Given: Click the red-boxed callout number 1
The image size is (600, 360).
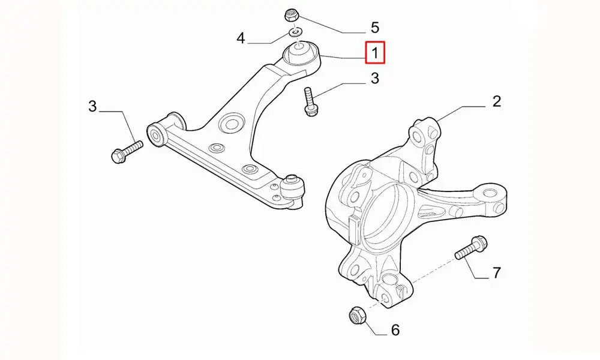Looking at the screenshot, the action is (375, 52).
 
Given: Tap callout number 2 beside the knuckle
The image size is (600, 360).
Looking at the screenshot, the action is (496, 101).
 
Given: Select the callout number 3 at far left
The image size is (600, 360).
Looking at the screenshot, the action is (92, 106).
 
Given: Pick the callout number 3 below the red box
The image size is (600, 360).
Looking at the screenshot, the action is (374, 78).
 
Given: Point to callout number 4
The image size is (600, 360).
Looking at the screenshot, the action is (241, 38).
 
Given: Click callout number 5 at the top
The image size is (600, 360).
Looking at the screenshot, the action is (374, 28).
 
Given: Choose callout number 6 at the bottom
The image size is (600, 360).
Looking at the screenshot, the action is (395, 330).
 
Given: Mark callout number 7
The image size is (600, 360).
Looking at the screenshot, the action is (496, 273).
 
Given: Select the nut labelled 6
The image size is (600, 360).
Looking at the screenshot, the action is (358, 315).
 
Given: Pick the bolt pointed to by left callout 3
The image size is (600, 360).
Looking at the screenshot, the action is (127, 152).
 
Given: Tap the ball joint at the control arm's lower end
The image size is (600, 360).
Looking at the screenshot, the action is (294, 187).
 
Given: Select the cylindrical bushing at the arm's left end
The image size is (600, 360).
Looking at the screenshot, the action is (157, 136).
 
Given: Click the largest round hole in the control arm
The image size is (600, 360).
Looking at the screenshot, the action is (231, 124).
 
